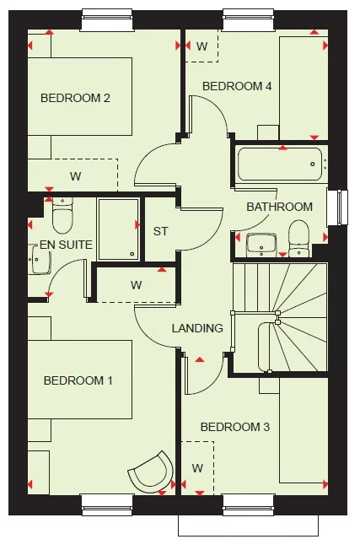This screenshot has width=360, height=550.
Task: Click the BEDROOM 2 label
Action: click(x=76, y=98)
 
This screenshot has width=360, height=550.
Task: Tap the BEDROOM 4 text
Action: click(x=237, y=86)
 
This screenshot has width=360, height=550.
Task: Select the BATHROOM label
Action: click(x=279, y=207)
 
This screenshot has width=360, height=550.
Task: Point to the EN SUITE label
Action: click(x=66, y=245)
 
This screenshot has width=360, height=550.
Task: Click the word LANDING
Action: click(x=197, y=328)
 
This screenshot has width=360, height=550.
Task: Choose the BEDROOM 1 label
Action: click(x=78, y=380)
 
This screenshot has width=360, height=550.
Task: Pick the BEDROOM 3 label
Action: click(x=234, y=427)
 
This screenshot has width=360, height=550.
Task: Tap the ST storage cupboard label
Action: click(x=160, y=230)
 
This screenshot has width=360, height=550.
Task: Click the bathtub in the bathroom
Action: click(x=280, y=164)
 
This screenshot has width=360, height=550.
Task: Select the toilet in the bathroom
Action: click(x=298, y=236)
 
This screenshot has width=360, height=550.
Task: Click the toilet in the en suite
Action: click(x=62, y=216)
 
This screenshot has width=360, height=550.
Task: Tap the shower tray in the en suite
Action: click(x=117, y=228)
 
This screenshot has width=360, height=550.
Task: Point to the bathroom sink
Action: click(x=261, y=243)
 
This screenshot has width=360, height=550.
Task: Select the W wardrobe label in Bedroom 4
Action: click(x=202, y=46)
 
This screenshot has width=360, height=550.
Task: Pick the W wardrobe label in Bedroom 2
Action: click(x=76, y=176)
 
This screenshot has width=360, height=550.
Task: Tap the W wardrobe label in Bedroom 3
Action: click(x=197, y=467)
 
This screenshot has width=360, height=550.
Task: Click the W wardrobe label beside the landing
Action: click(x=136, y=284)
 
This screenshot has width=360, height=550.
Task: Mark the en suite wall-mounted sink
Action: click(x=35, y=263)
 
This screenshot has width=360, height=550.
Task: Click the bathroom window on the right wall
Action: click(x=341, y=208)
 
